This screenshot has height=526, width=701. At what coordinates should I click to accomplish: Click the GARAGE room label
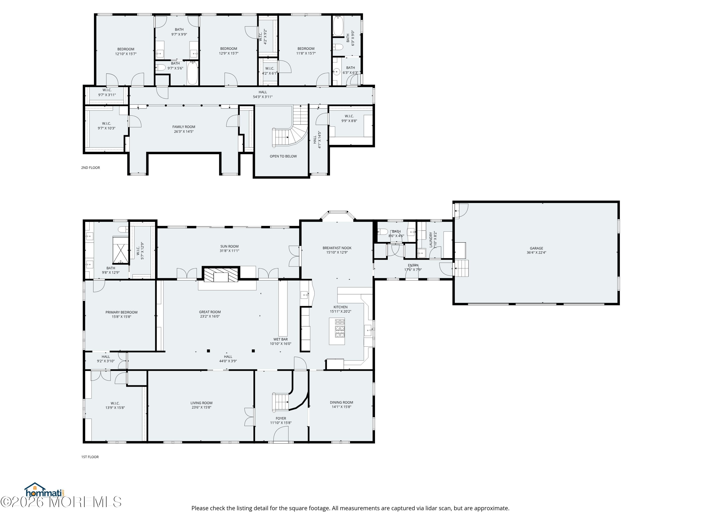click(x=536, y=248)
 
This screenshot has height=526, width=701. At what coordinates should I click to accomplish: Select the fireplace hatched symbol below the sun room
click(x=221, y=275)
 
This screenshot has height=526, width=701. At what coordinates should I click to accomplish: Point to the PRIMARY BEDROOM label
click(x=121, y=312)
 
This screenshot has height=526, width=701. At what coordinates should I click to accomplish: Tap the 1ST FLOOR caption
click(x=90, y=457)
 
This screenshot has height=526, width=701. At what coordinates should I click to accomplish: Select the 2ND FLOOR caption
click(x=90, y=168)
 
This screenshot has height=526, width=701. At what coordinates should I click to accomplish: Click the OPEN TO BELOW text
click(x=283, y=156)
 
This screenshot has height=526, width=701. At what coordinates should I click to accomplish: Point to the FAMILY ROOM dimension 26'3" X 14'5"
click(x=184, y=132)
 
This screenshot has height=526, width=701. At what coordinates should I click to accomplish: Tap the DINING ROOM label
click(x=341, y=402)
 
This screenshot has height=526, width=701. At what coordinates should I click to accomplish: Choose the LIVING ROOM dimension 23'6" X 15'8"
click(x=202, y=407)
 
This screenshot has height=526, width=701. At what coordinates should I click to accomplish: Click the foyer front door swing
click(x=281, y=433)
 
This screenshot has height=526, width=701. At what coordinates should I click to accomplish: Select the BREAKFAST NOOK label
click(x=337, y=248)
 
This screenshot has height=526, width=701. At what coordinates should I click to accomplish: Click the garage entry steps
click(x=462, y=268)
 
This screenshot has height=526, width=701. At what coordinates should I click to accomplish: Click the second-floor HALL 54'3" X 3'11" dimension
click(x=263, y=97)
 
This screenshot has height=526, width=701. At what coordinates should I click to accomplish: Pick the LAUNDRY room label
click(x=431, y=240)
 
